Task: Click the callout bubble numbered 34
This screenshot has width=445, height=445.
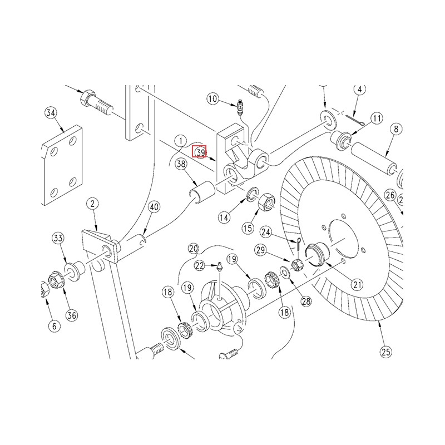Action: (x=51, y=113)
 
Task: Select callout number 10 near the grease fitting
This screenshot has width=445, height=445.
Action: (x=212, y=99)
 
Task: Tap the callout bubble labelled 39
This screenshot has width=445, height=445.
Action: (x=201, y=152)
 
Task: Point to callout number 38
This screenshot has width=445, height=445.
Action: (x=181, y=164)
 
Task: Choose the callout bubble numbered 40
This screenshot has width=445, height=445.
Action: (x=154, y=207)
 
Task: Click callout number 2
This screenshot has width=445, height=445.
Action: (x=92, y=204)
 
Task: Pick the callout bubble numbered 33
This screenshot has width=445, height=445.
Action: (x=58, y=238)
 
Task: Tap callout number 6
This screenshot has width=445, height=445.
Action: (x=54, y=326)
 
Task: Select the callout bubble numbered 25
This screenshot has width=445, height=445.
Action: (x=386, y=352)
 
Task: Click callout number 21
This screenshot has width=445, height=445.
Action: (x=357, y=284)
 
